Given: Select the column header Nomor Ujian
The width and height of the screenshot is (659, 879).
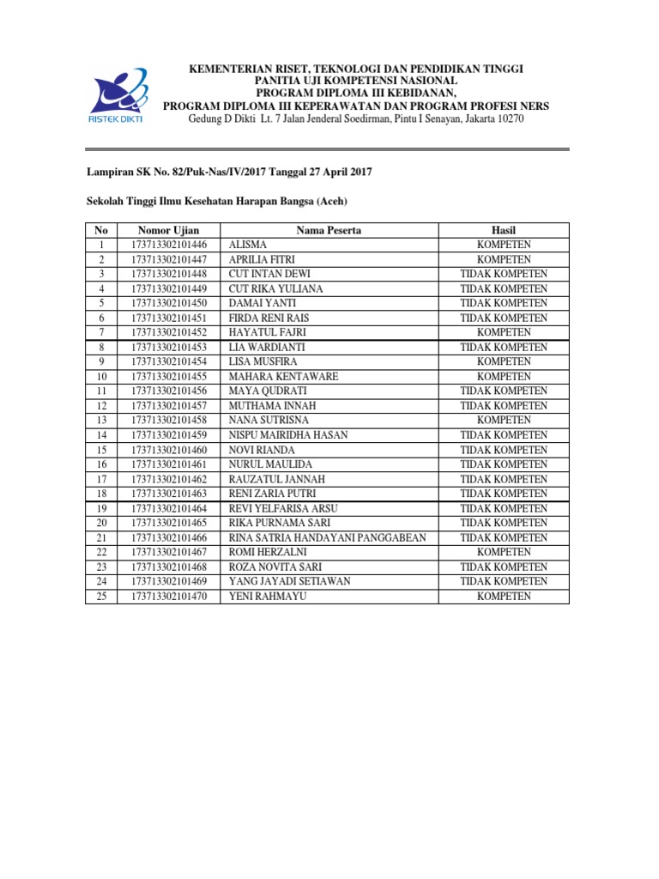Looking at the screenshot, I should pos(168,230).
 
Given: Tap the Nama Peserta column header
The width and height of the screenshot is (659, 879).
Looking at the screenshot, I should pos(329,230).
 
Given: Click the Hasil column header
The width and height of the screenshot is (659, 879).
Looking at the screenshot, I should pos(503,230).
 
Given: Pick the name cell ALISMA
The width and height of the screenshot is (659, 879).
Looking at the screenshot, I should pos(248,245).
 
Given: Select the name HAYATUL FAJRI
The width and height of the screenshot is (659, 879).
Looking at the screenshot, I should pos(267,332).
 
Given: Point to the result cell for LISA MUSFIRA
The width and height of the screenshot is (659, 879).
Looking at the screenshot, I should pos(503,361).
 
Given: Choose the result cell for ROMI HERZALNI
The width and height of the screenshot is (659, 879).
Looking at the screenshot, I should pos(503,552).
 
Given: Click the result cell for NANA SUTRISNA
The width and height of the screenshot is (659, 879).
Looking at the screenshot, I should pos(503,421).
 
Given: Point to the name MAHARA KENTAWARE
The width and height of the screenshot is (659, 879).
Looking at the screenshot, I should pos(283,376).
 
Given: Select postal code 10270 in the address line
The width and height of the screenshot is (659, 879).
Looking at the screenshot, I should pos(506,118).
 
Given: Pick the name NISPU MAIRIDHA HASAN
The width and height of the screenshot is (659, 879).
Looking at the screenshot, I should pos(287,435).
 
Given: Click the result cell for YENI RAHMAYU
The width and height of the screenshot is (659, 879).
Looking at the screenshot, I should pos(503,596).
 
